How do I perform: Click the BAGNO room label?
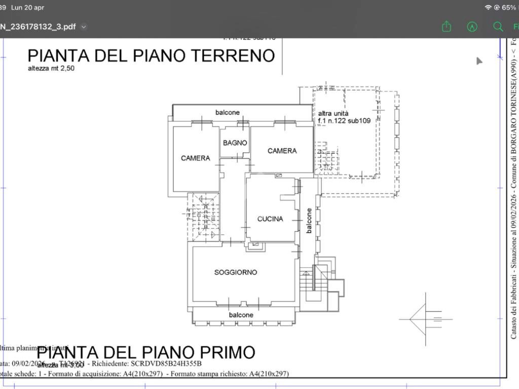click(x=235, y=143)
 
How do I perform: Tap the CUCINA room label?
click(x=270, y=219)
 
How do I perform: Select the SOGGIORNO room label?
click(x=236, y=272)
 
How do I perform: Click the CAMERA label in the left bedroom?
click(x=195, y=158)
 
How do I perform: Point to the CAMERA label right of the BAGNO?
click(x=282, y=150)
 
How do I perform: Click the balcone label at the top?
click(x=228, y=112)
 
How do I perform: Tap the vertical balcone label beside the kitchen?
click(x=309, y=220)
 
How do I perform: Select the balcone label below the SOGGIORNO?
click(x=241, y=315)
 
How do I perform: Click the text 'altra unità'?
click(x=333, y=113)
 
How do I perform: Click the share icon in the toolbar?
click(x=446, y=26)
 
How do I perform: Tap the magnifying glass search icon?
click(x=498, y=26)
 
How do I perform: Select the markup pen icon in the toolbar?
click(x=472, y=26)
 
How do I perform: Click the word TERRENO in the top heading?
click(x=223, y=55)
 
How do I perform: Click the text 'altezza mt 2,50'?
click(x=51, y=68)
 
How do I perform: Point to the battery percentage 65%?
click(x=508, y=8)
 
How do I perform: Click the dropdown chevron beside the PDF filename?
click(x=84, y=27)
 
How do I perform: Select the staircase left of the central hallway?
click(x=203, y=217)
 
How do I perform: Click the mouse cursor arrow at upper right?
click(x=479, y=61)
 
